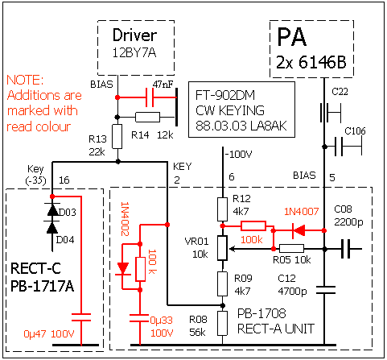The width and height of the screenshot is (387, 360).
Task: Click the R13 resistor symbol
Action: tap(117, 136)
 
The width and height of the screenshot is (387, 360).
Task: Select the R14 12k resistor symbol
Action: tap(147, 118)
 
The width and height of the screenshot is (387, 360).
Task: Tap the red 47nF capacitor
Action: tap(150, 97)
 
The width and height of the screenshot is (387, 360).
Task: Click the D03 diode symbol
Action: tap(52, 210)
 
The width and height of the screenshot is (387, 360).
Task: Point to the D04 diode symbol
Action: tap(52, 228)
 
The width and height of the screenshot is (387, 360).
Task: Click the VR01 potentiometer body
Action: tap(222, 248)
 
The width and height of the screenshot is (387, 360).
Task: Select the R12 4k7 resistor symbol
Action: tap(222, 209)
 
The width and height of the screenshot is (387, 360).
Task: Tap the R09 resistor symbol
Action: tap(222, 283)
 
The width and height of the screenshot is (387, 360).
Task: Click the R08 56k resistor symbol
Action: tap(222, 323)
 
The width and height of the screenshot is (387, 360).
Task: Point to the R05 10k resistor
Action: tap(291, 249)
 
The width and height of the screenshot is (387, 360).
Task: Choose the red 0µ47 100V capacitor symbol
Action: tap(81, 317)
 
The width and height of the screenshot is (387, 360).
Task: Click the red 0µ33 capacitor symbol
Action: tap(139, 318)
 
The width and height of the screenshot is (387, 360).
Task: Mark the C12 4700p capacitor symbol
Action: tap(325, 290)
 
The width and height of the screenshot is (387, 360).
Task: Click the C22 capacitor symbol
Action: tap(330, 113)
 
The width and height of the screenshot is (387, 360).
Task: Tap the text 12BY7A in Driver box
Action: tap(134, 52)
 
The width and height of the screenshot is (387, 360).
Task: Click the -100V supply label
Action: tap(239, 155)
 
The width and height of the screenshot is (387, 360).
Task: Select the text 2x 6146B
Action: tap(311, 62)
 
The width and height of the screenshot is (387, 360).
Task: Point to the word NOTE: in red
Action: tap(25, 80)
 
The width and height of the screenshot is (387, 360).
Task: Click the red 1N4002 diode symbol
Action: tap(123, 268)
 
